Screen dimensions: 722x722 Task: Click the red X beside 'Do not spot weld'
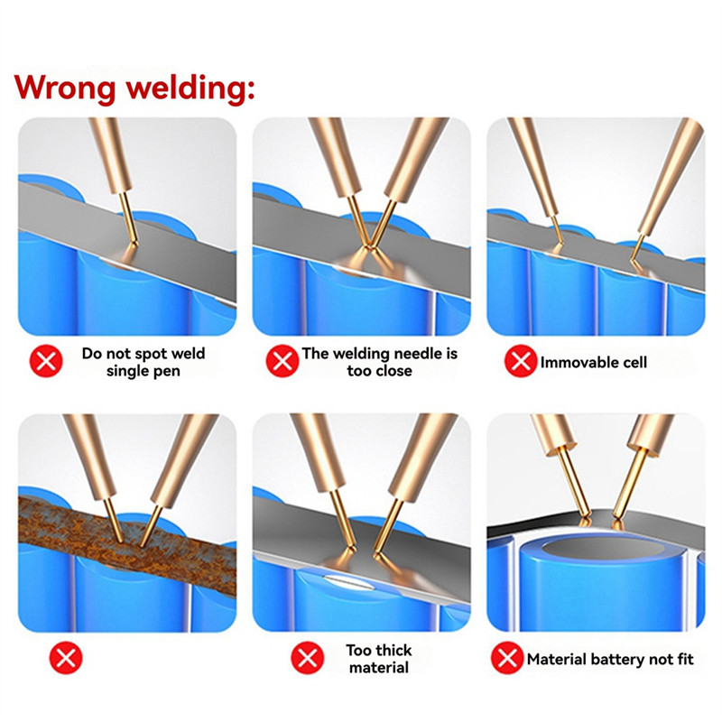pos(47,362)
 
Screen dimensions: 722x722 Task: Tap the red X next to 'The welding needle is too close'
pos(282,362)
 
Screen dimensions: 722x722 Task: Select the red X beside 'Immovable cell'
pos(519,362)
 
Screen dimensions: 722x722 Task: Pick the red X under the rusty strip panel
pos(65,659)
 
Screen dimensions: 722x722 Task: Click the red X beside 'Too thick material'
pos(306,659)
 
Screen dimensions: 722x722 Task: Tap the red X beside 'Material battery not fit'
pos(506,659)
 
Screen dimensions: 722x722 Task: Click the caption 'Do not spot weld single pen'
pos(143,362)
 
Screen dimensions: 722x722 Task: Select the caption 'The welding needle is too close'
pos(379,362)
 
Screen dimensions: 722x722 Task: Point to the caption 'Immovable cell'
pos(593,362)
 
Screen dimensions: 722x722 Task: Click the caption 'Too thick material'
pos(378,659)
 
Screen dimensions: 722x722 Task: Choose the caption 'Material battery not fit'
pos(610,659)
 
